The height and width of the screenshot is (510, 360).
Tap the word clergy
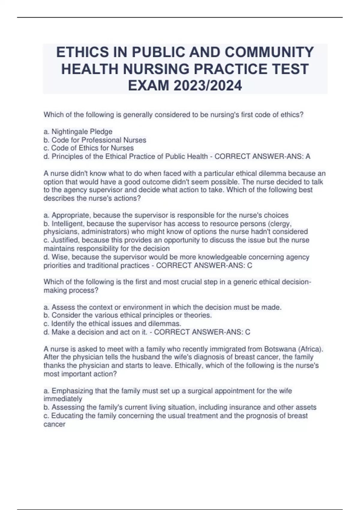click(x=281, y=224)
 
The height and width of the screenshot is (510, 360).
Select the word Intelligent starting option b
click(x=68, y=224)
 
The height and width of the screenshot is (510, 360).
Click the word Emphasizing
click(x=72, y=391)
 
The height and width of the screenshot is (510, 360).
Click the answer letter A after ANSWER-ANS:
click(x=308, y=157)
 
